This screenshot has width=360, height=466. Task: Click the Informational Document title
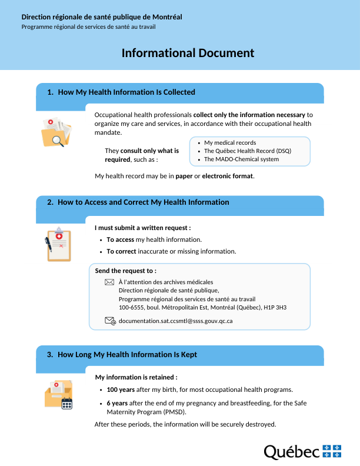(188, 53)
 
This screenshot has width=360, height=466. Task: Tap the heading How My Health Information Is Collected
(126, 92)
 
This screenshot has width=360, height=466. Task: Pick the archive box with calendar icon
(58, 394)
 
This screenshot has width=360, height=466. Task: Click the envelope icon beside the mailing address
(109, 282)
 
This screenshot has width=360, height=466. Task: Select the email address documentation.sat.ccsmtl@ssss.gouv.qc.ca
(175, 321)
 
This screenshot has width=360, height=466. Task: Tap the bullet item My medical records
(230, 143)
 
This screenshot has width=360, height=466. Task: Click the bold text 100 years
(121, 390)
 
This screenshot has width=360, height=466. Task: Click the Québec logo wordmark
(292, 452)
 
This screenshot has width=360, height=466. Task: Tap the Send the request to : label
(126, 271)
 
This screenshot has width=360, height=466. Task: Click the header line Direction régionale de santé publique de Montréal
(102, 17)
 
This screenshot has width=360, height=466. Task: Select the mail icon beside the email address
(110, 321)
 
